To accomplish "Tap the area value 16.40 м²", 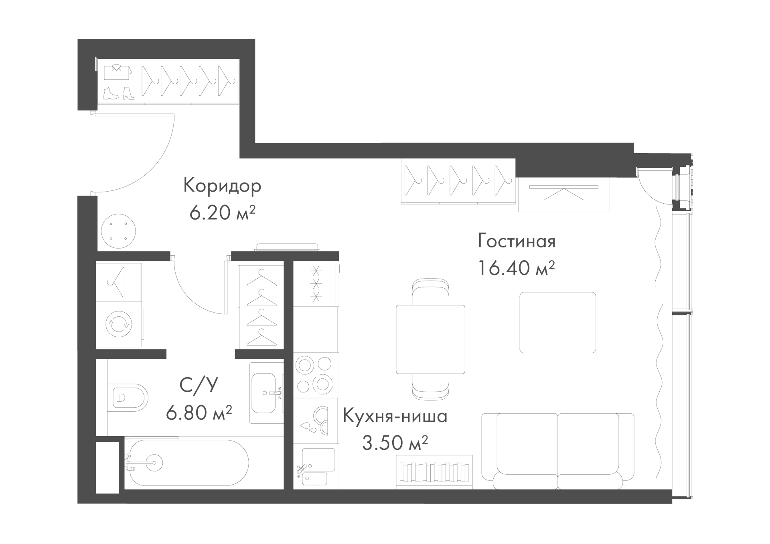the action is point(517,268).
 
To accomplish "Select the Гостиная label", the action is point(517,242).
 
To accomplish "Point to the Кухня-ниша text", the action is point(395,417).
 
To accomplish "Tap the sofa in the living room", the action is point(557,451).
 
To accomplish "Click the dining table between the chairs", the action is point(430,339).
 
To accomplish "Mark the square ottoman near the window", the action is point(557,322).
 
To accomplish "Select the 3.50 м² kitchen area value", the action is point(395,443).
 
